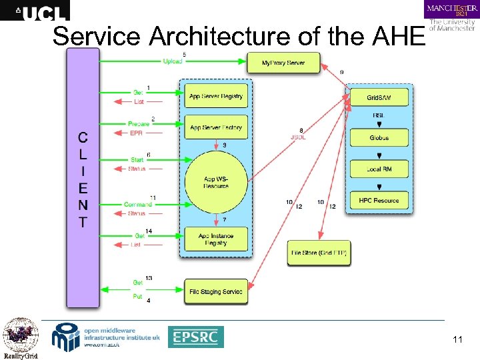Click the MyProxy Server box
pyautogui.click(x=283, y=63)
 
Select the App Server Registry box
pyautogui.click(x=215, y=96)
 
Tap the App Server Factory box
pyautogui.click(x=215, y=127)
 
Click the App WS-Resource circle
pyautogui.click(x=215, y=182)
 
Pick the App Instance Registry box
pyautogui.click(x=215, y=239)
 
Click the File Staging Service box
pyautogui.click(x=215, y=292)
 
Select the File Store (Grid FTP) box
pyautogui.click(x=319, y=253)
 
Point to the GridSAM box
pyautogui.click(x=379, y=98)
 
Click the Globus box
pyautogui.click(x=379, y=138)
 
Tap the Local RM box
pyautogui.click(x=379, y=169)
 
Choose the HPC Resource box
pyautogui.click(x=379, y=200)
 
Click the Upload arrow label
pyautogui.click(x=172, y=61)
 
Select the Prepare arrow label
pyautogui.click(x=139, y=124)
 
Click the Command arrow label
pyautogui.click(x=138, y=204)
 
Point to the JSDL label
pyautogui.click(x=298, y=138)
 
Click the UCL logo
pyautogui.click(x=35, y=11)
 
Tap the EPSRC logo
pyautogui.click(x=195, y=337)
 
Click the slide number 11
pyautogui.click(x=457, y=340)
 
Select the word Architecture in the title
pyautogui.click(x=221, y=36)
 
